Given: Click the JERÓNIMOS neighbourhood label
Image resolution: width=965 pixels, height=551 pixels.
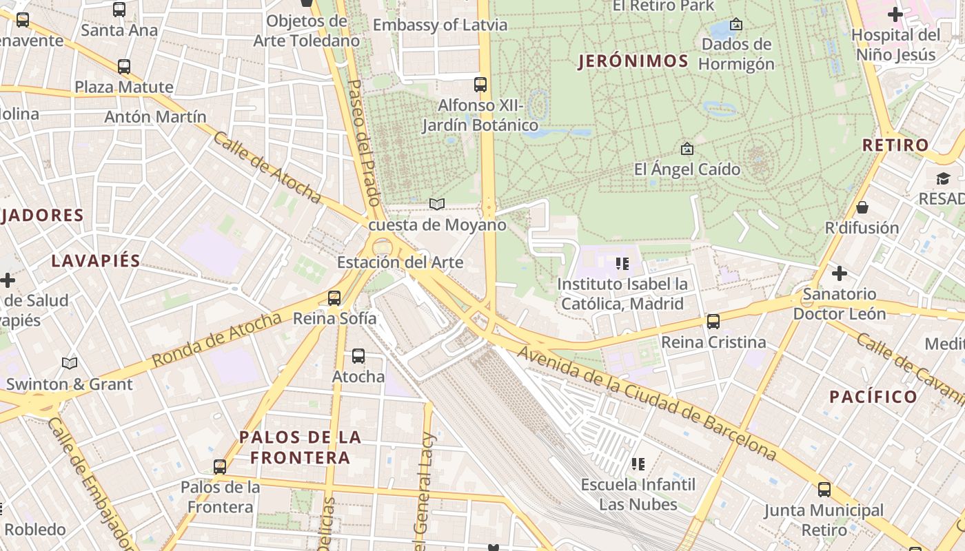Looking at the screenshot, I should click(x=633, y=61).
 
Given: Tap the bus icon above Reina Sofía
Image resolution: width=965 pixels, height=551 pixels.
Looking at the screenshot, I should click(x=334, y=298).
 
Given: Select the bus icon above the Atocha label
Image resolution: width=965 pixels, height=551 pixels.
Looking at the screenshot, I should click(x=358, y=356).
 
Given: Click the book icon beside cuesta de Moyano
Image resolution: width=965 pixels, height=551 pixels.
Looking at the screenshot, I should click(x=437, y=204).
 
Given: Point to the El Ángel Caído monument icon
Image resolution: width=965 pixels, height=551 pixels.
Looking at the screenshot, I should click(x=687, y=149).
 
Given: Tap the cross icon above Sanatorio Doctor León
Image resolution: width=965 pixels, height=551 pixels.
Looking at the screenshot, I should click(x=839, y=274).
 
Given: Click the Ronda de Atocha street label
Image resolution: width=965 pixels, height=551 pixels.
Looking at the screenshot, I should click(x=216, y=340).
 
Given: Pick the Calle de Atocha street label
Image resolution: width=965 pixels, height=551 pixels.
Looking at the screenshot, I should click(x=267, y=167).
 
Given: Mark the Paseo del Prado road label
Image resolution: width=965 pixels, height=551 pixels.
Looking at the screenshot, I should click(x=364, y=143).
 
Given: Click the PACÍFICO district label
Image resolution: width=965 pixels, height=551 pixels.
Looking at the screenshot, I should click(x=873, y=397).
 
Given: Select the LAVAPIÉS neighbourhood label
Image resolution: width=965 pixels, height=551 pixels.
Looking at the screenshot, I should click(x=96, y=261).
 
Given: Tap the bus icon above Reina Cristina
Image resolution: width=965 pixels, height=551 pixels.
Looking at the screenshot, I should click(x=713, y=322).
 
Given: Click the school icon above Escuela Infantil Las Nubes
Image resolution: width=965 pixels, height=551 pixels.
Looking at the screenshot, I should click(x=638, y=464).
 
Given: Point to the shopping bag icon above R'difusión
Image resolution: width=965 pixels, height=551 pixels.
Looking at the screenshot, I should click(x=862, y=207).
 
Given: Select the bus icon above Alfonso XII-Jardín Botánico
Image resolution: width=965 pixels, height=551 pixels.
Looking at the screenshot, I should click(x=480, y=85).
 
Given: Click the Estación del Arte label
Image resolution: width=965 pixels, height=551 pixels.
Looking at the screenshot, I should click(x=400, y=262).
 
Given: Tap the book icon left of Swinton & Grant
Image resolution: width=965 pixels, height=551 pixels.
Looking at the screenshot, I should click(x=70, y=363).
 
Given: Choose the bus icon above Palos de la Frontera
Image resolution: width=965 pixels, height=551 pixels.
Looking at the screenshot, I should click(x=220, y=467).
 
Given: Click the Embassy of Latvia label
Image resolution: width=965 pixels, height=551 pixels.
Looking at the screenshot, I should click(x=440, y=25).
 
